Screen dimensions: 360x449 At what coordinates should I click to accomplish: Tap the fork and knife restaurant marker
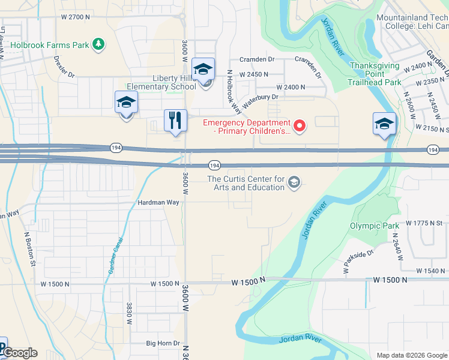pyautogui.click(x=175, y=121)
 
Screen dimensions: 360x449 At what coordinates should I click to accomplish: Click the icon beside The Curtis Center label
pyautogui.click(x=294, y=182)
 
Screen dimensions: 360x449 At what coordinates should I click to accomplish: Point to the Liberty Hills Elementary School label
pyautogui.click(x=163, y=83)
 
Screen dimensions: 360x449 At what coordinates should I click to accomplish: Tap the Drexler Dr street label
pyautogui.click(x=64, y=67)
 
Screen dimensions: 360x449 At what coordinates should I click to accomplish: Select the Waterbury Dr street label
pyautogui.click(x=261, y=97)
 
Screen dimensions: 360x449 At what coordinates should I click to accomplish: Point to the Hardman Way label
pyautogui.click(x=158, y=203)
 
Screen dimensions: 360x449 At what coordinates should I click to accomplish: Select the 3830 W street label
pyautogui.click(x=128, y=313)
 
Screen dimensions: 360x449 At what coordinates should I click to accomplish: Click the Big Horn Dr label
pyautogui.click(x=163, y=344)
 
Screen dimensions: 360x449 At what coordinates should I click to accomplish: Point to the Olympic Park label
pyautogui.click(x=375, y=226)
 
